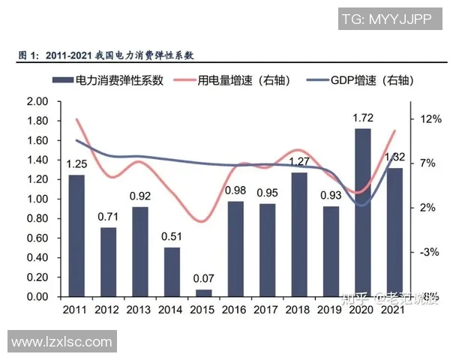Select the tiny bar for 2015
point(204,293)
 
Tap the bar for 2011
point(76,235)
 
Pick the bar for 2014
point(172,271)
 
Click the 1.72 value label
point(363,118)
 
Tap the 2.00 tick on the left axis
point(37,101)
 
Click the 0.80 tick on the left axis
point(37,218)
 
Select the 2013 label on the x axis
point(139,310)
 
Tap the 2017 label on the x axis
point(267,310)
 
